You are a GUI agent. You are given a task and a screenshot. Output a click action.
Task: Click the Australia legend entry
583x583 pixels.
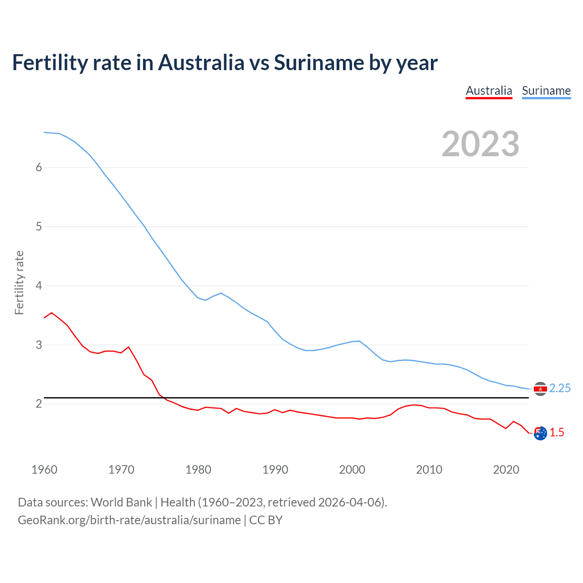489,91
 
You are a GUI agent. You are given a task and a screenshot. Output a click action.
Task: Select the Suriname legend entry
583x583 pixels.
546,91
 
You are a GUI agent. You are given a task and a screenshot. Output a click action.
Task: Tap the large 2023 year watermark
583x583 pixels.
481,144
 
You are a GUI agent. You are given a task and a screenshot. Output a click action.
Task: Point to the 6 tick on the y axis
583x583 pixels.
39,167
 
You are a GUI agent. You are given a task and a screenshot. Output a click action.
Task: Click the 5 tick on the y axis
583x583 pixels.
39,226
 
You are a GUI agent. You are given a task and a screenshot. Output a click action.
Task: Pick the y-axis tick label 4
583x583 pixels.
39,286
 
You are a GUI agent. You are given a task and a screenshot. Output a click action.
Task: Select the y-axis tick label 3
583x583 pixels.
39,345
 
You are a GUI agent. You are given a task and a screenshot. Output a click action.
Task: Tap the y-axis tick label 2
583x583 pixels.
39,404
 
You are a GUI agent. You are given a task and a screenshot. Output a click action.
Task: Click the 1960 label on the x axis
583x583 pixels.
44,470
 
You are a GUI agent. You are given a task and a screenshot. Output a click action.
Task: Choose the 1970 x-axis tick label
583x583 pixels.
121,470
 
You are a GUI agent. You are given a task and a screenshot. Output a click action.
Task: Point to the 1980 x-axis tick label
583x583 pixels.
198,470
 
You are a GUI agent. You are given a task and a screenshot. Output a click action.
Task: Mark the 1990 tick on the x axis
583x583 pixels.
275,470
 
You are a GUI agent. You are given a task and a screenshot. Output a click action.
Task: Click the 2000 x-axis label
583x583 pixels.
352,470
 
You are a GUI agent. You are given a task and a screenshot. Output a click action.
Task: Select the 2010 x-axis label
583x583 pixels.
429,470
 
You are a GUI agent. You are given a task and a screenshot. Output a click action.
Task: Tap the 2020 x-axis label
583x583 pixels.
506,470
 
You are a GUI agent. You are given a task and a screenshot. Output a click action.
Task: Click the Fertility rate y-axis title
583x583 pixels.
19,282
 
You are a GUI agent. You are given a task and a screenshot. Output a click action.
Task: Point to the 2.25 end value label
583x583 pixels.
560,388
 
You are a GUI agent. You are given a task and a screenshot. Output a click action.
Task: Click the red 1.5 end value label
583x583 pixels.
557,432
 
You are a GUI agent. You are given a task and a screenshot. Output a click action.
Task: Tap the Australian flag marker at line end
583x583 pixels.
540,434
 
